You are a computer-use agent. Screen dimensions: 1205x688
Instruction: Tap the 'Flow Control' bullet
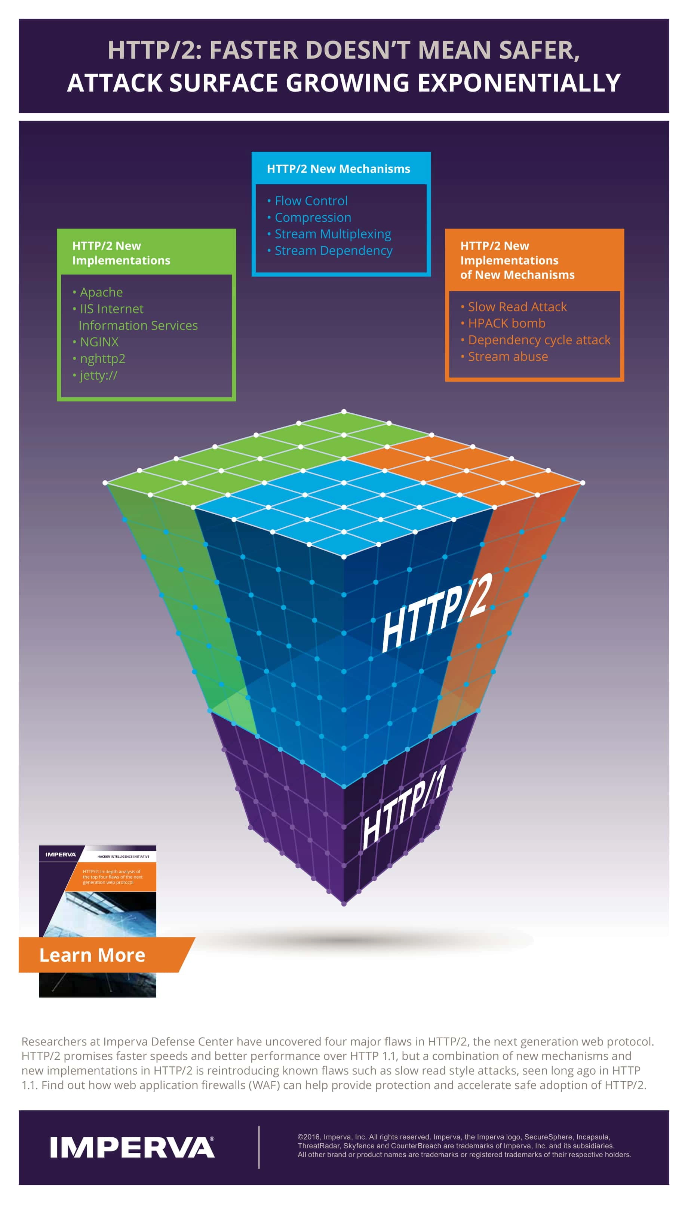(311, 201)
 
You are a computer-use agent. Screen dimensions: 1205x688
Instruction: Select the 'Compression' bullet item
(313, 217)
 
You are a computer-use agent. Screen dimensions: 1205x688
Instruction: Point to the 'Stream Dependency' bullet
(333, 250)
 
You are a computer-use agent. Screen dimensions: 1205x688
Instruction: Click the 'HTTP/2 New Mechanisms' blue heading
(338, 169)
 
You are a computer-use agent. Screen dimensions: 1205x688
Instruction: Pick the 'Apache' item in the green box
(101, 292)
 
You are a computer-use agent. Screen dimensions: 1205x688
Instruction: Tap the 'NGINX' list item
(99, 342)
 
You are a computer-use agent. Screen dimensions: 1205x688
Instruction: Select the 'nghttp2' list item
(102, 358)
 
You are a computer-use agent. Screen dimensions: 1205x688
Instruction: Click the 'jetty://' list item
(98, 375)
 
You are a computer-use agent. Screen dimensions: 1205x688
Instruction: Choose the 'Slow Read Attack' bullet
(517, 307)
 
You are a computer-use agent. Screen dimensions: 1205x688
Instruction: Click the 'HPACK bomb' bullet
(507, 323)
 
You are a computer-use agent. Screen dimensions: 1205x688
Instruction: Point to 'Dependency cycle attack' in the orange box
(539, 340)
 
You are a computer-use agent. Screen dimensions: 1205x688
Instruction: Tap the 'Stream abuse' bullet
(508, 357)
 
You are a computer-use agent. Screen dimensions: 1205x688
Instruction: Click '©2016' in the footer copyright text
(308, 1137)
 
